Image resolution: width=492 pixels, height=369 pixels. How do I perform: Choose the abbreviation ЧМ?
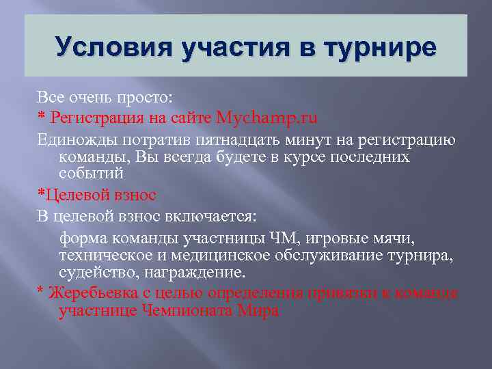(x=279, y=240)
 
